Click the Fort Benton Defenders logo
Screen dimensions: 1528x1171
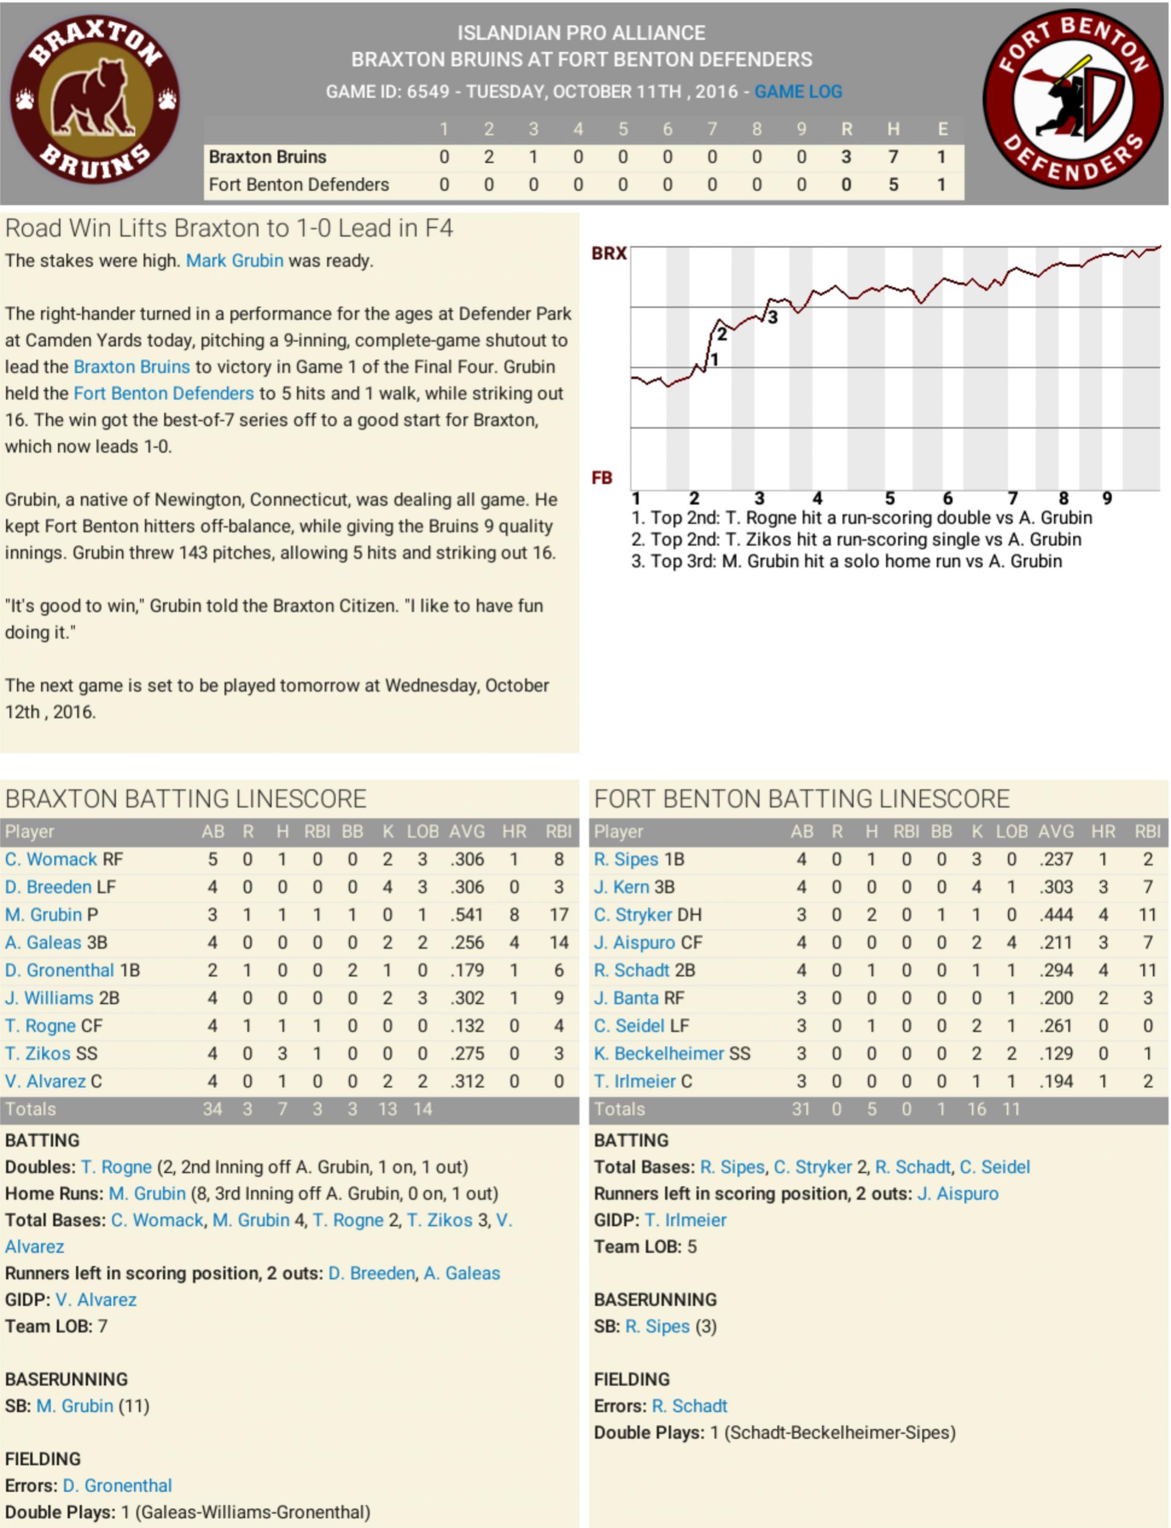click(1073, 100)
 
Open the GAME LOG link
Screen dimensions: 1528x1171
click(798, 91)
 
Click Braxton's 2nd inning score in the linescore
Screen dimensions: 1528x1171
click(489, 157)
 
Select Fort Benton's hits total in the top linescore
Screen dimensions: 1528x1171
click(893, 185)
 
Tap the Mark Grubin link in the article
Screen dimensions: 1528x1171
click(234, 261)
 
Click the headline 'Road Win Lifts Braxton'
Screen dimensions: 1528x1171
click(229, 228)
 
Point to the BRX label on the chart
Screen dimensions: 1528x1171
click(609, 254)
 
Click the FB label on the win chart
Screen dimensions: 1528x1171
click(602, 478)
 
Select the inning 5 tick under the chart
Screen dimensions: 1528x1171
click(890, 498)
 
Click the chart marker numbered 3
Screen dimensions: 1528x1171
click(772, 318)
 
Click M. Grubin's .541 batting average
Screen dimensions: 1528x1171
click(466, 915)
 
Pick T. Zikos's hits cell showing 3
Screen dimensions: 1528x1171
click(282, 1053)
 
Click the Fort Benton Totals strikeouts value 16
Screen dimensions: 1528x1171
click(976, 1109)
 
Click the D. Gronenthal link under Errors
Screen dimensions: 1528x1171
click(117, 1486)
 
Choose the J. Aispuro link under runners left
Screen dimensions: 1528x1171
click(958, 1194)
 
